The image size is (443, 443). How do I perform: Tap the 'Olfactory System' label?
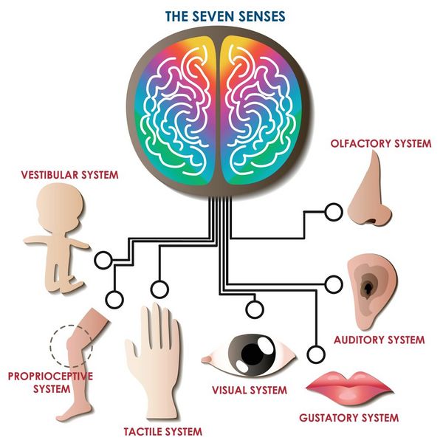(x=381, y=143)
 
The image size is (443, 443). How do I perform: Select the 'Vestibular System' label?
(x=70, y=175)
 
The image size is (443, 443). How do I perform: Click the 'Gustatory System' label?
(x=348, y=418)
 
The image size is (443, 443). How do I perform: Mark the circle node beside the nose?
(x=333, y=213)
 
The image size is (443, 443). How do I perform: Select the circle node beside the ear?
(x=333, y=283)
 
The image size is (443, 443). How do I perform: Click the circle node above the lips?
(x=317, y=352)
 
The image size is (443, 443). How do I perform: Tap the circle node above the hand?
(x=158, y=289)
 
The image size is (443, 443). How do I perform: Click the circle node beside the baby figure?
(x=103, y=260)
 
